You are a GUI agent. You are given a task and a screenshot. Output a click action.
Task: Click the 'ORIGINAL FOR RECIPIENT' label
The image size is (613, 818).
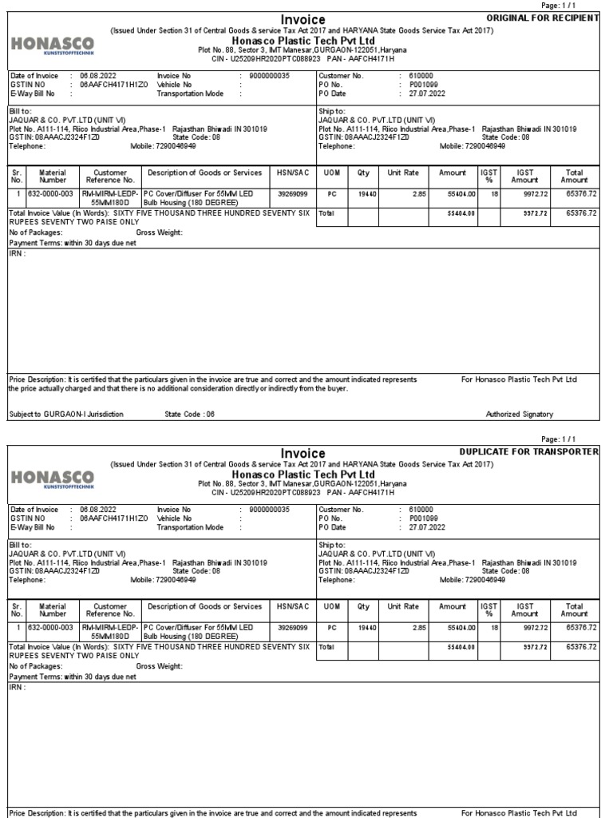coord(543,18)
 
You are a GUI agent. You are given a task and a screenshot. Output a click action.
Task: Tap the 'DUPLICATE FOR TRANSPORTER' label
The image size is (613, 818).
coord(540,452)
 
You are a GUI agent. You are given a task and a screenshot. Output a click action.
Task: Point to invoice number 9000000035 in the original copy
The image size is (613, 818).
coord(269,76)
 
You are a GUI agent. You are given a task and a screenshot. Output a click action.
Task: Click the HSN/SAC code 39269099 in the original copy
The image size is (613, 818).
coord(291,193)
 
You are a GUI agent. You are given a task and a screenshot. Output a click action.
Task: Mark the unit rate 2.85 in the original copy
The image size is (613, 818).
coord(418,193)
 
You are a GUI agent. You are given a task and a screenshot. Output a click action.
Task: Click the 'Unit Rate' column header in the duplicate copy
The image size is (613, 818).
coord(403,607)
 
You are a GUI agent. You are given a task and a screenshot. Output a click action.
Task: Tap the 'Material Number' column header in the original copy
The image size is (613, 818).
coord(53,177)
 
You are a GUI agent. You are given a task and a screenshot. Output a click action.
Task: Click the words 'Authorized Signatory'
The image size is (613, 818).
coord(519,415)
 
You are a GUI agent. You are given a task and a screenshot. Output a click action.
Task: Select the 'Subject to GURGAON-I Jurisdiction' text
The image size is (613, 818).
coord(66,415)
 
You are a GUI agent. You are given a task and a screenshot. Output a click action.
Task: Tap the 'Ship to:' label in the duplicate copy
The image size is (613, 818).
coord(331,545)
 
